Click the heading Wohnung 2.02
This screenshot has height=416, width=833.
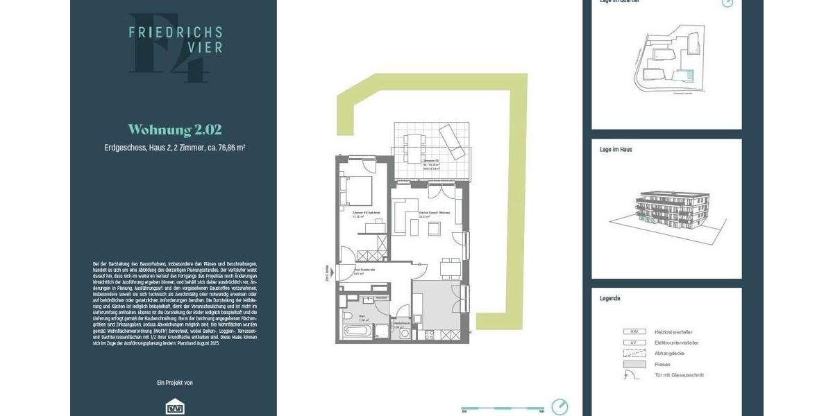click(175, 130)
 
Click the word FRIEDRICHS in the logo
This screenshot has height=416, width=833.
click(175, 32)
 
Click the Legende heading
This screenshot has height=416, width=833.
click(610, 298)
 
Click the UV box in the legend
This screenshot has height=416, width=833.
click(632, 343)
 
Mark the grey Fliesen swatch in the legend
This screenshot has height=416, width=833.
click(632, 364)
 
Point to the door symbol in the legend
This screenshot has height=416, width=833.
click(631, 375)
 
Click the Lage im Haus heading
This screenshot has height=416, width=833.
click(616, 149)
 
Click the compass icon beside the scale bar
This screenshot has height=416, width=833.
click(559, 406)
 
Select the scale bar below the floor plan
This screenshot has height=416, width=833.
click(503, 407)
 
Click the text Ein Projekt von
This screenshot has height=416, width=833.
click(175, 383)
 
